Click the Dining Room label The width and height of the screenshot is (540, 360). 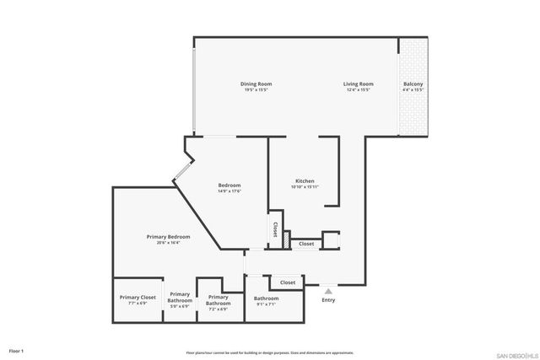tap(256, 84)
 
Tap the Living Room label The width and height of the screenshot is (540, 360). tap(358, 84)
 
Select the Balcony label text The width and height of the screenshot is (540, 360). tap(413, 84)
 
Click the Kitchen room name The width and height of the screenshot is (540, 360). tap(305, 181)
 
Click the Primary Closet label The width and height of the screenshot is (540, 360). tap(138, 298)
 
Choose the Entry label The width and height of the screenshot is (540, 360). tap(328, 300)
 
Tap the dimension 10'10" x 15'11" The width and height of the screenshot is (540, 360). tap(305, 187)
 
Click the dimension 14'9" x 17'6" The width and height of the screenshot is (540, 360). tap(229, 191)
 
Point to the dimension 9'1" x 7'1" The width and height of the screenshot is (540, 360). tap(266, 304)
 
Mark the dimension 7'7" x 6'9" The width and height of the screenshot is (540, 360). tap(138, 304)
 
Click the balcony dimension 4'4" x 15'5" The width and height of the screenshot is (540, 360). tap(413, 90)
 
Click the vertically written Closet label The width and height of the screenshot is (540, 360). tap(275, 229)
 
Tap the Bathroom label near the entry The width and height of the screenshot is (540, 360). tap(266, 298)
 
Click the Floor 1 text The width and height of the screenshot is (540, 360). tap(17, 350)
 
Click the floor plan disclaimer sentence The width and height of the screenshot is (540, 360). tap(269, 352)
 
